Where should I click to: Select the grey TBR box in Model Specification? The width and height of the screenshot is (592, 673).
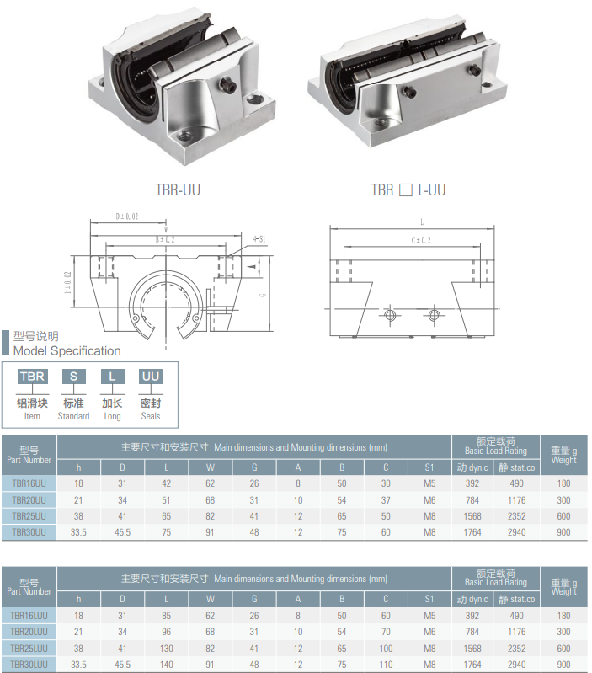[32, 377]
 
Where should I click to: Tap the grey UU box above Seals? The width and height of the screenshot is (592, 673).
[150, 377]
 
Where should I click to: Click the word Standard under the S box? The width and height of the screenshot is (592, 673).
[73, 416]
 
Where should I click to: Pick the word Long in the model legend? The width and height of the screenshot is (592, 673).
[112, 416]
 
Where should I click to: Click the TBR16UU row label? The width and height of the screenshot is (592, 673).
[29, 483]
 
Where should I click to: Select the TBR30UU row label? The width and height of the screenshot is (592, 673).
[29, 531]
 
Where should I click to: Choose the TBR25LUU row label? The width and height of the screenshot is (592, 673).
[29, 649]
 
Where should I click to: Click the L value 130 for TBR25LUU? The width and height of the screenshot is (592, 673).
[167, 649]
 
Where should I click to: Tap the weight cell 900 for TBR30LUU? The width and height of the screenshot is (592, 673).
[563, 665]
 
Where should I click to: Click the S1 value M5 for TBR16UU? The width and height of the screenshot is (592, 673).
[429, 483]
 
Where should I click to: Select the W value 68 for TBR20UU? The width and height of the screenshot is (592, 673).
[210, 499]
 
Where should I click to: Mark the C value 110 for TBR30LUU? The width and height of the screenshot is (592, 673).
[386, 665]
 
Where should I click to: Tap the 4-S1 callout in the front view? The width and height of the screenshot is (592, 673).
[259, 239]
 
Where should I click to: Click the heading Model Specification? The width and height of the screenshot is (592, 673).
[67, 350]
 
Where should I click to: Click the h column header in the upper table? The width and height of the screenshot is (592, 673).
[78, 467]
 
